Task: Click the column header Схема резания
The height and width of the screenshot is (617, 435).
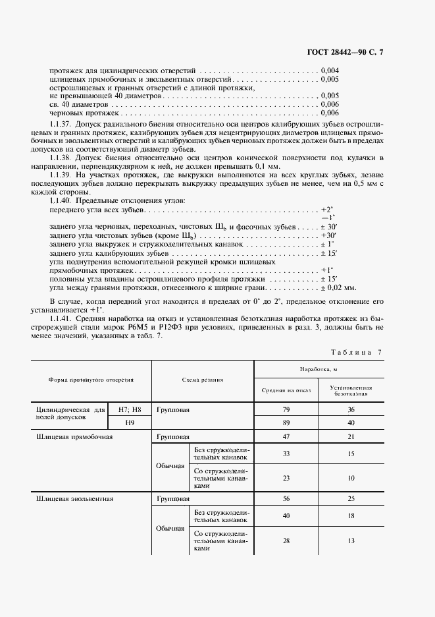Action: [x=203, y=380]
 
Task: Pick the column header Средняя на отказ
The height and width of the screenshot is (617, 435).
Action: [x=286, y=390]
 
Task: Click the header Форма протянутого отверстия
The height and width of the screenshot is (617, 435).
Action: [x=91, y=380]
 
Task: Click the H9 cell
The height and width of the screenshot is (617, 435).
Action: [x=130, y=423]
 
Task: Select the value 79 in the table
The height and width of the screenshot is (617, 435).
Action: [x=286, y=409]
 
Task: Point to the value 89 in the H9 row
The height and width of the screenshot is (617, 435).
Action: [x=286, y=423]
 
